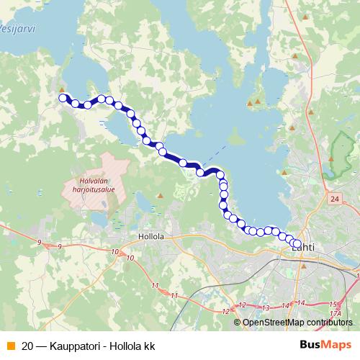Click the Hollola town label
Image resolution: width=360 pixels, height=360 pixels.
pyautogui.click(x=151, y=236)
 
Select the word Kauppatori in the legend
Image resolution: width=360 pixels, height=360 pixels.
pyautogui.click(x=74, y=346)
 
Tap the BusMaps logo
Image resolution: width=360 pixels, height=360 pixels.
pyautogui.click(x=326, y=345)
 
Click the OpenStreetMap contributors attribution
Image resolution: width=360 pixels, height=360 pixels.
pyautogui.click(x=302, y=322)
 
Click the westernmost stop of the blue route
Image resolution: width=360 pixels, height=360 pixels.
pyautogui.click(x=63, y=98)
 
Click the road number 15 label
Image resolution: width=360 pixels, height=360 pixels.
pyautogui.click(x=333, y=304)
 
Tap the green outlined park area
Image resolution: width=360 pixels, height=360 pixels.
pyautogui.click(x=333, y=161)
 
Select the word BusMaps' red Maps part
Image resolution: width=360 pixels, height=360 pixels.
pyautogui.click(x=337, y=345)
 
